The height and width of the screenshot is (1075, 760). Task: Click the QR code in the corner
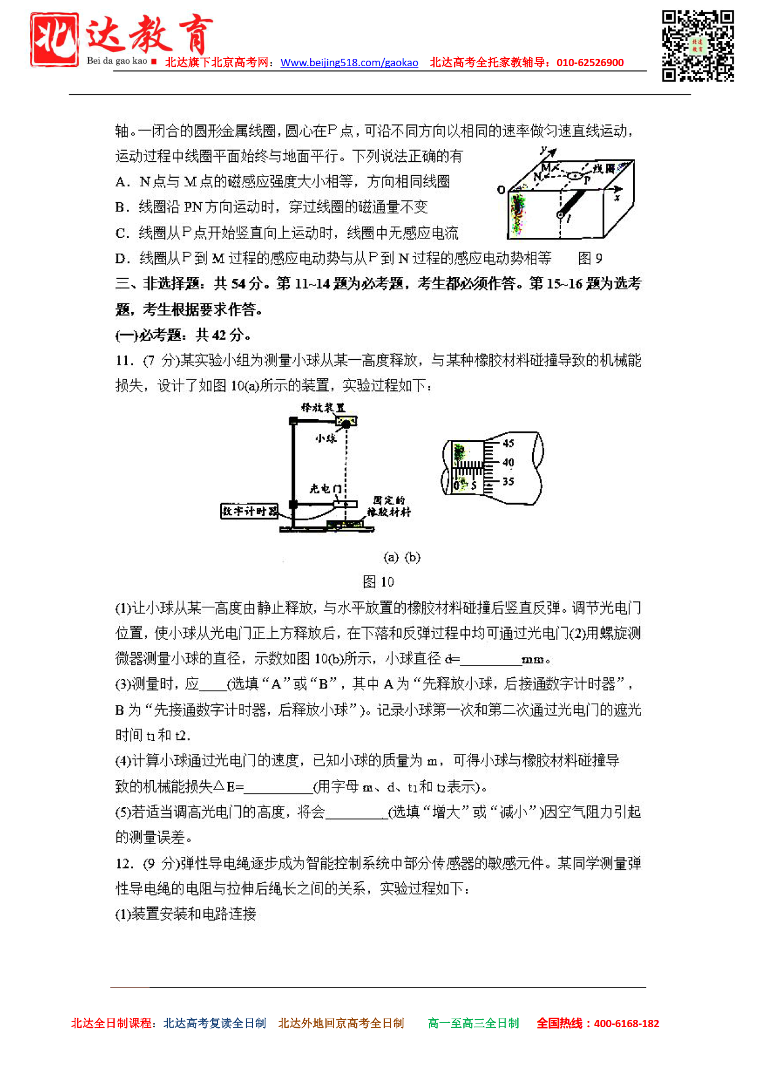click(x=697, y=46)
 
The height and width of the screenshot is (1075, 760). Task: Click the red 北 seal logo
click(x=55, y=39)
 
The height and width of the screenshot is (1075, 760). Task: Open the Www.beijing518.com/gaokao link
click(x=349, y=63)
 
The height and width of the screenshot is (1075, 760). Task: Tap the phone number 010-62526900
click(x=590, y=63)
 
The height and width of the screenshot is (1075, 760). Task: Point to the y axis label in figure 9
click(x=544, y=149)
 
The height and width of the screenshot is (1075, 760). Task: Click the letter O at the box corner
click(x=501, y=189)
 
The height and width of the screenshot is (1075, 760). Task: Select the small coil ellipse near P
click(x=575, y=177)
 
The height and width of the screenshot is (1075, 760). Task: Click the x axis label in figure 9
click(x=617, y=197)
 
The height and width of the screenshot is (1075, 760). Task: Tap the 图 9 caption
click(x=590, y=258)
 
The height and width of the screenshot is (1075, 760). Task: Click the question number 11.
click(x=124, y=360)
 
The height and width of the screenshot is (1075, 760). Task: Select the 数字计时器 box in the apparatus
click(x=249, y=511)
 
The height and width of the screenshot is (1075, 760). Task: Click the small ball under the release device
click(x=346, y=424)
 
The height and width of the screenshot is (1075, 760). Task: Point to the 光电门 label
click(x=325, y=488)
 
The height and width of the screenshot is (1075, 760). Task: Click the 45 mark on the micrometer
click(x=508, y=443)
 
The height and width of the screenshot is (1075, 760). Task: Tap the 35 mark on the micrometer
click(x=508, y=482)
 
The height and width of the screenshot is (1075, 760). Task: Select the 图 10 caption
click(x=378, y=581)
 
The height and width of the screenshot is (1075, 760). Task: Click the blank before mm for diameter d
click(x=490, y=659)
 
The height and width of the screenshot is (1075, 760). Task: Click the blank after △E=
click(x=279, y=787)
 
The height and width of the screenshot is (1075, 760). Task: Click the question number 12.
click(x=124, y=864)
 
